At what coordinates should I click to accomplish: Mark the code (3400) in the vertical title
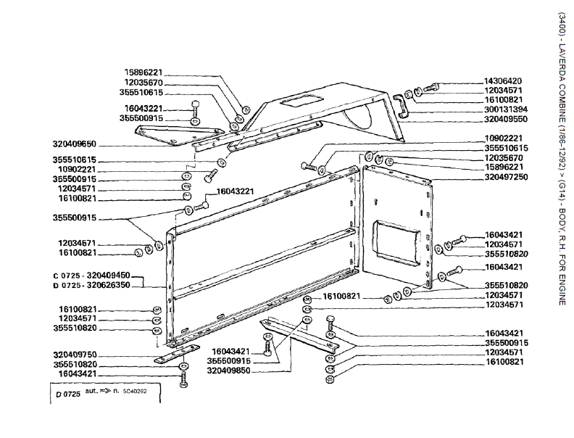(562, 25)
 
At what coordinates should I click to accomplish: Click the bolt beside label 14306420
(432, 88)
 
